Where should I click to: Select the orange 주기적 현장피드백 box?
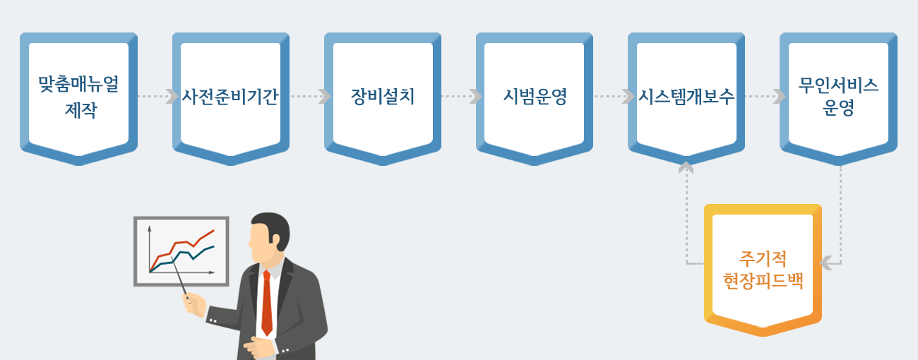pyautogui.click(x=763, y=268)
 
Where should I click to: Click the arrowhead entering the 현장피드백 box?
pyautogui.click(x=825, y=263)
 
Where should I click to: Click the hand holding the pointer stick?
pyautogui.click(x=194, y=306)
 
